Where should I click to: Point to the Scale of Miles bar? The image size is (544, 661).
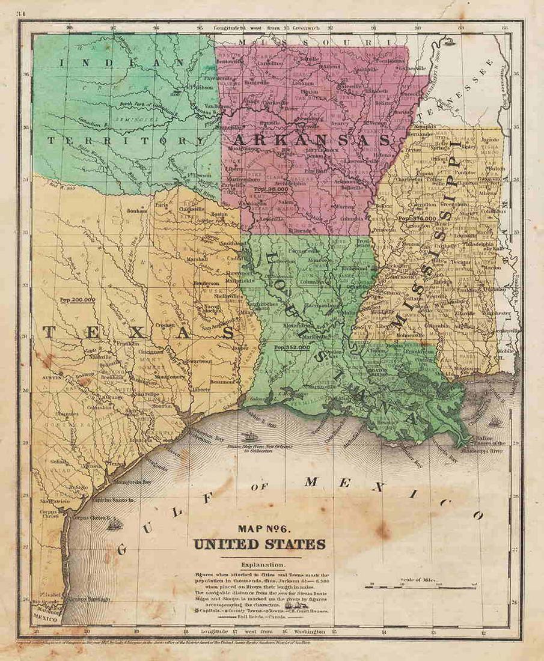pyautogui.click(x=420, y=586)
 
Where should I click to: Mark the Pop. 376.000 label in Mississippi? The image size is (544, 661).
pyautogui.click(x=417, y=219)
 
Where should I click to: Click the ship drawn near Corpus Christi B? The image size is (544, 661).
pyautogui.click(x=114, y=524)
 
